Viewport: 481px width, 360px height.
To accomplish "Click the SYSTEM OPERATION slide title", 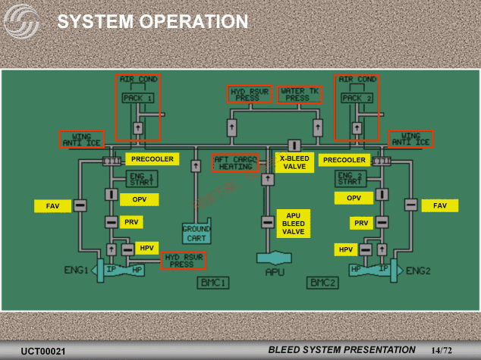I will (153, 22).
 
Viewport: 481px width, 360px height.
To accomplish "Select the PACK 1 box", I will (137, 98).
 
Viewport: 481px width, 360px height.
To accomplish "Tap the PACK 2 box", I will (356, 98).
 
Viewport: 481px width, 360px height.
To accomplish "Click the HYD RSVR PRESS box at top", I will (249, 94).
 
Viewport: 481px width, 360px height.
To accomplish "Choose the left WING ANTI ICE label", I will (82, 139).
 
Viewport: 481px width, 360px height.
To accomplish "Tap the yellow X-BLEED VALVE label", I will (293, 162).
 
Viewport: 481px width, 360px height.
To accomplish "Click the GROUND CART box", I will (196, 233).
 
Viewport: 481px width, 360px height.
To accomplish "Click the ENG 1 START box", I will (140, 178).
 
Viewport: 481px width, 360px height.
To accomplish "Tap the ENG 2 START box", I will (349, 178).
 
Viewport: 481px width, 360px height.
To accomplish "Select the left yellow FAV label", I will (52, 205).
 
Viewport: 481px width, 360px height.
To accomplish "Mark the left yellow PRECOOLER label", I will (152, 159).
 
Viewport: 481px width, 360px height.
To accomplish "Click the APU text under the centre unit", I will (275, 272).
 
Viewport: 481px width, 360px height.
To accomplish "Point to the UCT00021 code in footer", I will (43, 351).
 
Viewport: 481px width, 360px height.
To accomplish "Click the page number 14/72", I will (441, 350).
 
